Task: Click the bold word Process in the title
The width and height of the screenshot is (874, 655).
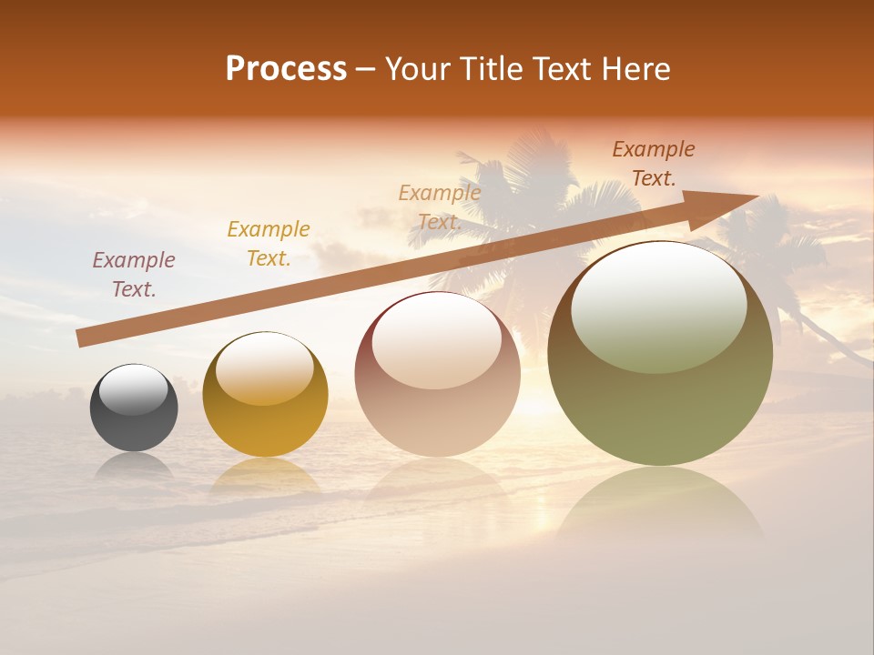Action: point(286,69)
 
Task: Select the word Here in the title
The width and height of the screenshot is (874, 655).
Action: point(635,69)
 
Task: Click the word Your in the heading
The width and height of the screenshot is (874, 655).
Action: point(418,69)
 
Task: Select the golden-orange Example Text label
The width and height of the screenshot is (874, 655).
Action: point(269,244)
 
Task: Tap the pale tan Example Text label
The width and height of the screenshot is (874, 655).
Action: point(440,207)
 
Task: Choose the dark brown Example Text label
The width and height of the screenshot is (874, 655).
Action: point(654,164)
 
